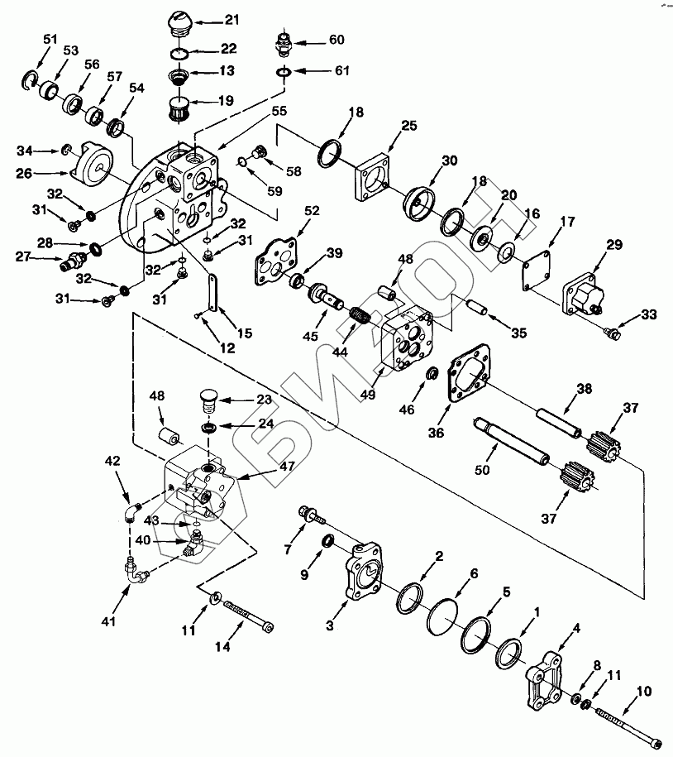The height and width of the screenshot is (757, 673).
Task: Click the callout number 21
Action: coord(231,18)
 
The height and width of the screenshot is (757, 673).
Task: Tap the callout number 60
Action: coord(336,40)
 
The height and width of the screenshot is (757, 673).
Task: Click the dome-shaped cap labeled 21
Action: coord(180,22)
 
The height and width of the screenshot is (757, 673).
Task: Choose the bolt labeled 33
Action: coord(613,333)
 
